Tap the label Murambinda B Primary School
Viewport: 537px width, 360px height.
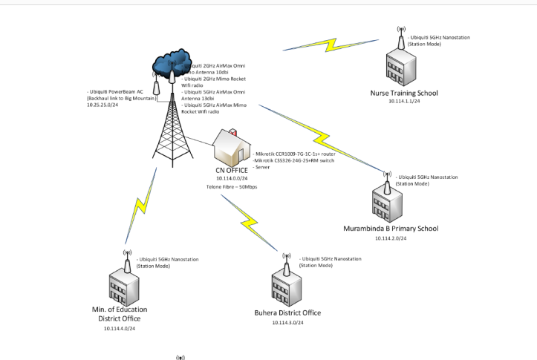coord(391,228)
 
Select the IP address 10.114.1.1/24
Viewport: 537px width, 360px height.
coord(404,102)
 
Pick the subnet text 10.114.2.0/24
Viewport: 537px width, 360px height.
coord(390,238)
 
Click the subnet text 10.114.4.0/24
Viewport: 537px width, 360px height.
coord(120,327)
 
